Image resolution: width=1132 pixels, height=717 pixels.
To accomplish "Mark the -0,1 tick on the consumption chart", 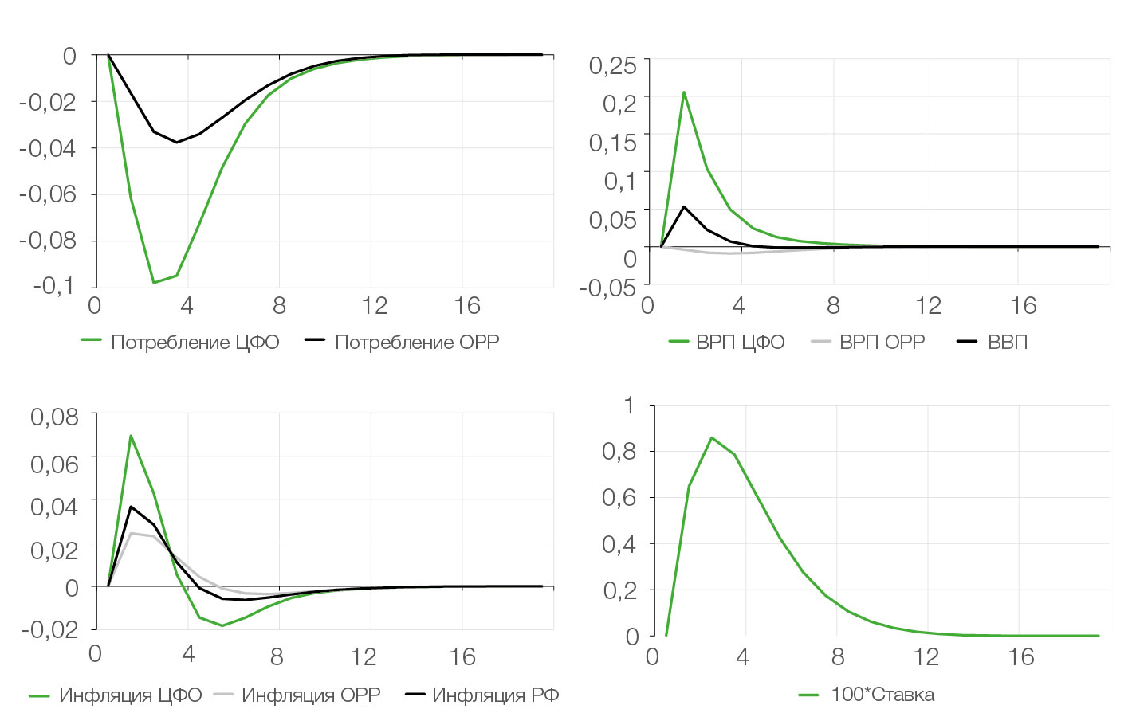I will [53, 285].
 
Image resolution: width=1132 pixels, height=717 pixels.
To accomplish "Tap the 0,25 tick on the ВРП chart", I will [613, 65].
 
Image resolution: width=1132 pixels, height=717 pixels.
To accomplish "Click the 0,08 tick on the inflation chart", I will [54, 417].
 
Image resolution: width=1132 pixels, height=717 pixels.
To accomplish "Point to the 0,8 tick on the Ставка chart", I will [619, 452].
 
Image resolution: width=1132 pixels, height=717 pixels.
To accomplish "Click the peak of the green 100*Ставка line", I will [711, 437].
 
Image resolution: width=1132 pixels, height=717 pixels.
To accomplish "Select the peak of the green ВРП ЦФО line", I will [684, 92].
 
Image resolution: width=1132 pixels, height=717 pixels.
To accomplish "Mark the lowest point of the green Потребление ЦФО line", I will [154, 283].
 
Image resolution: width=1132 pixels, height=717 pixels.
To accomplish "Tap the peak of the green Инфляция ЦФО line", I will [131, 436].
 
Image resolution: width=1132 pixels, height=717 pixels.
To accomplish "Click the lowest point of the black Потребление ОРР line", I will [176, 143].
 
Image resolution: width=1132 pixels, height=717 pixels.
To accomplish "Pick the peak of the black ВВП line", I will [684, 207].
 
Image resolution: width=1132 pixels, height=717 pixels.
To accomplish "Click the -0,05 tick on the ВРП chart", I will [611, 287].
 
